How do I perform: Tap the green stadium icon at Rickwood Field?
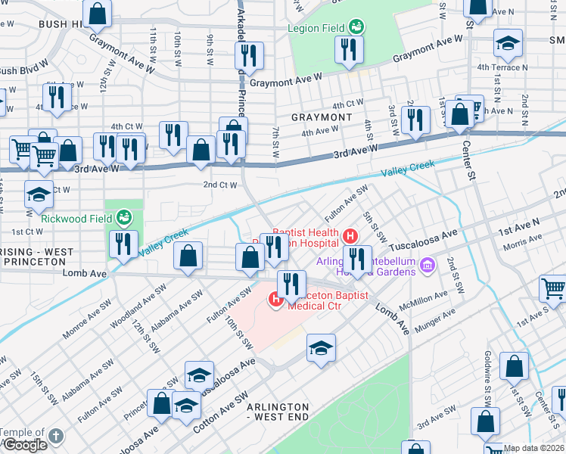(124, 219)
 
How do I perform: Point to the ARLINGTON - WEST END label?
(278, 412)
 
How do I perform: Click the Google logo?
(24, 445)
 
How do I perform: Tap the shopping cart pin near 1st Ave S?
(553, 288)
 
